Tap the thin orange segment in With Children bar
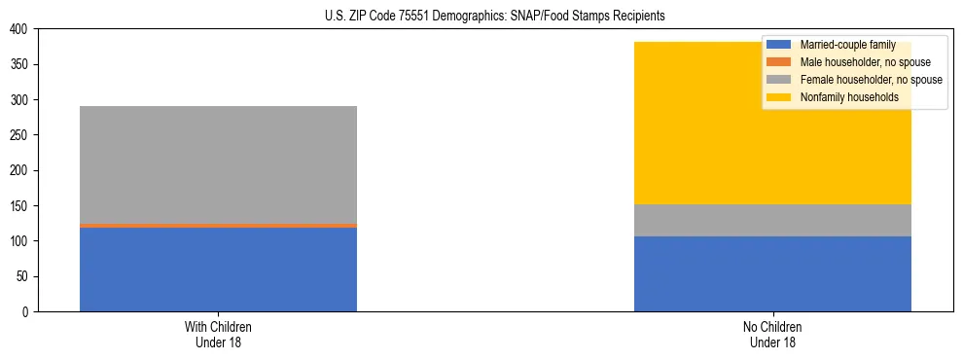coord(218,225)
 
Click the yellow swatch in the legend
coord(779,97)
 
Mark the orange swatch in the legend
coord(779,62)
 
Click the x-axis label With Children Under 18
coord(218,334)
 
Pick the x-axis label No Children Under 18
coord(772,334)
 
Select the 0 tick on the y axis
coord(24,311)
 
